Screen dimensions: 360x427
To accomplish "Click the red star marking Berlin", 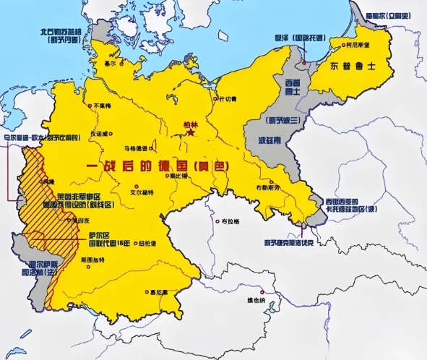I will (x=191, y=132).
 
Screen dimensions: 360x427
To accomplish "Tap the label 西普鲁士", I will (x=293, y=87).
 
